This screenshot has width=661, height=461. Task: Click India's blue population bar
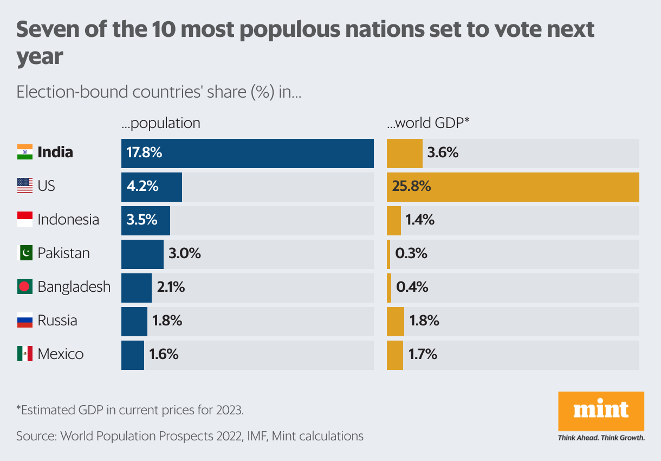point(247,153)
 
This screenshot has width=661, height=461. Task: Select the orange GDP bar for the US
point(513,187)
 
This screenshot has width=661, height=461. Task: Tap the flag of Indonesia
point(25,220)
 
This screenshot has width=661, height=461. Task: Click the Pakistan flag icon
point(25,253)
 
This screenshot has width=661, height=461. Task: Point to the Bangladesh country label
point(74,287)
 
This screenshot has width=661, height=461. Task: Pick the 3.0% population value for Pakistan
point(184,253)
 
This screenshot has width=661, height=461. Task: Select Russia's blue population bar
point(134,321)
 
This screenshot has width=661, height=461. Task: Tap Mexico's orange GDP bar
point(394,355)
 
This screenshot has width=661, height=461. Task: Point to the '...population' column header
point(160,123)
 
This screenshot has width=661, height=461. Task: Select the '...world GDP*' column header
point(427,123)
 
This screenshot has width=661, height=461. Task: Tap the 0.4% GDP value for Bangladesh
point(412,287)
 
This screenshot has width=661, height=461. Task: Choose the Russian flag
point(25,321)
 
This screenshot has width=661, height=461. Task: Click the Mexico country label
point(61,355)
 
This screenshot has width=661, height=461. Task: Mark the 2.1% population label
point(171,287)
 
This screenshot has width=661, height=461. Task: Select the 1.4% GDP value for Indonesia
point(419,220)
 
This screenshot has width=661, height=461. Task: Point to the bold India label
point(55,152)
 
